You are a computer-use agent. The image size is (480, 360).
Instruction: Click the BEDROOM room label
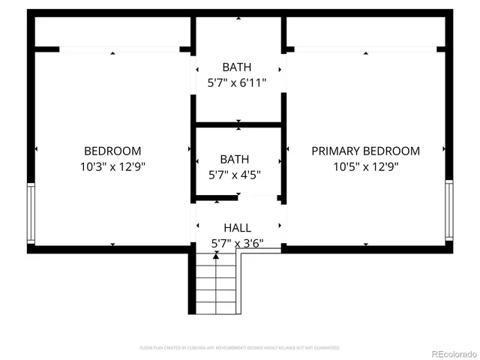tap(112, 151)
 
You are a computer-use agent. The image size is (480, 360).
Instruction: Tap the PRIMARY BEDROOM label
tap(365, 151)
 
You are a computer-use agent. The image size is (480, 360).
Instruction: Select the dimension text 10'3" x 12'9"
tap(112, 166)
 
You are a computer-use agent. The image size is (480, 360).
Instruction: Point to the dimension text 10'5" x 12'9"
tap(365, 166)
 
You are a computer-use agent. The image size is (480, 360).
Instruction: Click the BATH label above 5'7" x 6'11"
tap(237, 67)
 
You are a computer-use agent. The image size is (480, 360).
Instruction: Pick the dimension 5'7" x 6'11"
tap(237, 83)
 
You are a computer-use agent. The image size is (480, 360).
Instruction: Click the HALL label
tap(237, 227)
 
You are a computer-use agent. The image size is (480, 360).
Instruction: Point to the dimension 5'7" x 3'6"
tap(237, 243)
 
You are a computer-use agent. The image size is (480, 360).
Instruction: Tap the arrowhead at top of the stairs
tap(216, 256)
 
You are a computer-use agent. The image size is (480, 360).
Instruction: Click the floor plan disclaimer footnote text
tap(240, 348)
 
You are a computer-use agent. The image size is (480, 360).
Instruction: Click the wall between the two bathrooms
tap(238, 124)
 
